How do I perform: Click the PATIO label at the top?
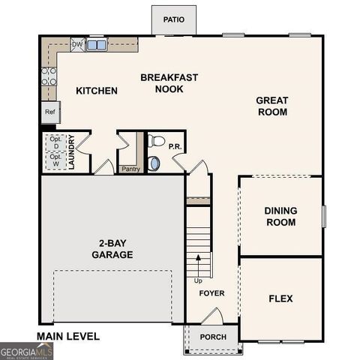click(x=174, y=19)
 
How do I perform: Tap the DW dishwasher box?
click(x=77, y=45)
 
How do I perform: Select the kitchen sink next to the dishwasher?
click(x=96, y=45)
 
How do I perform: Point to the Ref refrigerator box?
click(x=49, y=112)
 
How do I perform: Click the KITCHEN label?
click(x=97, y=91)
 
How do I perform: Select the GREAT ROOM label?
click(x=271, y=106)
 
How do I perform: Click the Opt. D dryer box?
click(x=55, y=142)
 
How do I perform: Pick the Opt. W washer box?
click(x=55, y=160)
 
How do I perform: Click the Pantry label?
click(x=130, y=169)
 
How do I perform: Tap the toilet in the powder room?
click(x=156, y=141)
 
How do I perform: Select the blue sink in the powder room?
click(x=154, y=163)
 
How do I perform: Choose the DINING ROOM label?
click(x=280, y=216)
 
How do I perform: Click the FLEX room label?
click(x=280, y=298)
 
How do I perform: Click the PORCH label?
click(x=213, y=337)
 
